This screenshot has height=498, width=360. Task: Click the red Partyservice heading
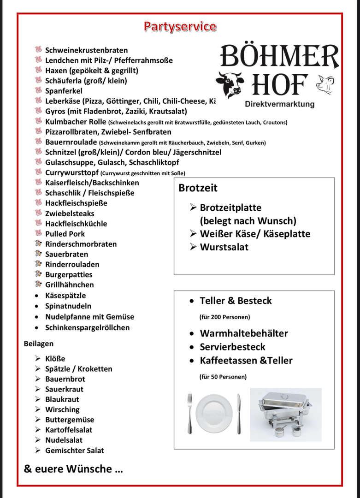coord(180,26)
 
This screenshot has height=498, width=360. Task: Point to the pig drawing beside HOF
coord(325,85)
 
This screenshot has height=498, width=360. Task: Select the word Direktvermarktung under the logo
coord(280,104)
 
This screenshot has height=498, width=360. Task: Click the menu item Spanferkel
coord(64,91)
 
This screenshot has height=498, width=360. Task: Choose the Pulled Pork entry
coord(65,234)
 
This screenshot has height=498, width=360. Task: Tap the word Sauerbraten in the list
coord(66,254)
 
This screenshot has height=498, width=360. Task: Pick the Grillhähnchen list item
coord(69,285)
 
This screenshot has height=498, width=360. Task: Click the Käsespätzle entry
coord(65,296)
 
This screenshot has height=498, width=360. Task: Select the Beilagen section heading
coord(39,344)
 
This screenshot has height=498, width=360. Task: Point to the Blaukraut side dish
coord(62,399)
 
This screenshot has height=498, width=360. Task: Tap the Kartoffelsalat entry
coord(69,430)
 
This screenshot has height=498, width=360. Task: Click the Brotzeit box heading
coord(198,188)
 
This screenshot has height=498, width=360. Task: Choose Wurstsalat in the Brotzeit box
coord(224,247)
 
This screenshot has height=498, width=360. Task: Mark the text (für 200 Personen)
coord(224,317)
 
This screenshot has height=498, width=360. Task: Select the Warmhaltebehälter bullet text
coord(244,333)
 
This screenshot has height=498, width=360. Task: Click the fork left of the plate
coord(189,413)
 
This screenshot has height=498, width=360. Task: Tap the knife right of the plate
coord(238,413)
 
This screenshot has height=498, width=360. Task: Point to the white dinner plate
coord(214,413)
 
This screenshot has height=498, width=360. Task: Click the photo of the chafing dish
coord(286,415)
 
